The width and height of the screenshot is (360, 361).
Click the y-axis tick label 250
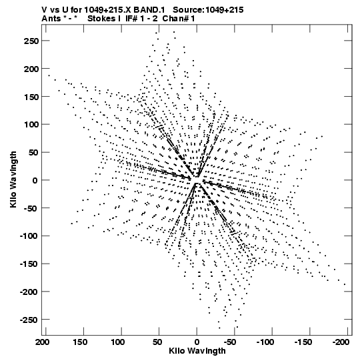(31, 41)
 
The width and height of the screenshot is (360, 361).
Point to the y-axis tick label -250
(29, 320)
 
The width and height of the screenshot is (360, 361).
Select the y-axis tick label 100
(31, 125)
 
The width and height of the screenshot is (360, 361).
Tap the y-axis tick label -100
(29, 236)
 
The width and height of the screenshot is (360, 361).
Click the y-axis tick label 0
(35, 180)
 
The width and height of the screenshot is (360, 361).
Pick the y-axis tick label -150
(29, 264)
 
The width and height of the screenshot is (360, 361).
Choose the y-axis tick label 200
(31, 69)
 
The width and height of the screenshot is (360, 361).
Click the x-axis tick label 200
(43, 342)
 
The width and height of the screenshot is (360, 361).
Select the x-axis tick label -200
(340, 342)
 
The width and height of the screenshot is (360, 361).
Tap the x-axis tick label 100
(118, 342)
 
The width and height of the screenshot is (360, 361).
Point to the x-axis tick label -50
(229, 342)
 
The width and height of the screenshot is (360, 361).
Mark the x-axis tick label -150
(303, 342)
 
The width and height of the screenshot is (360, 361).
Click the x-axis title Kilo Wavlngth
(197, 351)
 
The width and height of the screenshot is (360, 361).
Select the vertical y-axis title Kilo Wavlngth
(13, 179)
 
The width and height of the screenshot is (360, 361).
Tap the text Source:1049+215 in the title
(208, 10)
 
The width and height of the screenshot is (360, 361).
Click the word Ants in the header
(51, 19)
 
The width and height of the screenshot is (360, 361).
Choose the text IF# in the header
(131, 19)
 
